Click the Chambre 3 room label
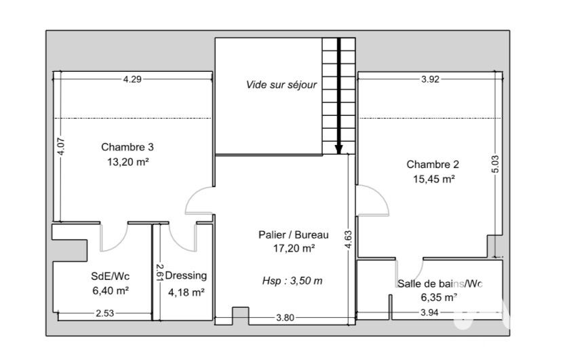[128, 147]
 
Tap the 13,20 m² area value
[128, 161]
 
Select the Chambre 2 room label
[433, 165]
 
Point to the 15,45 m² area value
[434, 179]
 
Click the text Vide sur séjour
[281, 85]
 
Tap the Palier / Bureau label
[293, 235]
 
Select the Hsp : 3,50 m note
[292, 281]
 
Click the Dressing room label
[186, 276]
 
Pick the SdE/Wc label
[111, 276]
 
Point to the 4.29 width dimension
[132, 79]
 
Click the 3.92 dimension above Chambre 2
[430, 79]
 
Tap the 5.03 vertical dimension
[495, 164]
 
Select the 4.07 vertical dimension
[61, 147]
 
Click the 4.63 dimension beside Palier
[348, 239]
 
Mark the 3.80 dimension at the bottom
[285, 317]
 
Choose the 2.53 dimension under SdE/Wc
[105, 313]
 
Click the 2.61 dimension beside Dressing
[160, 273]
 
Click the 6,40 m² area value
[111, 291]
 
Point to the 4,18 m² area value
[187, 292]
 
